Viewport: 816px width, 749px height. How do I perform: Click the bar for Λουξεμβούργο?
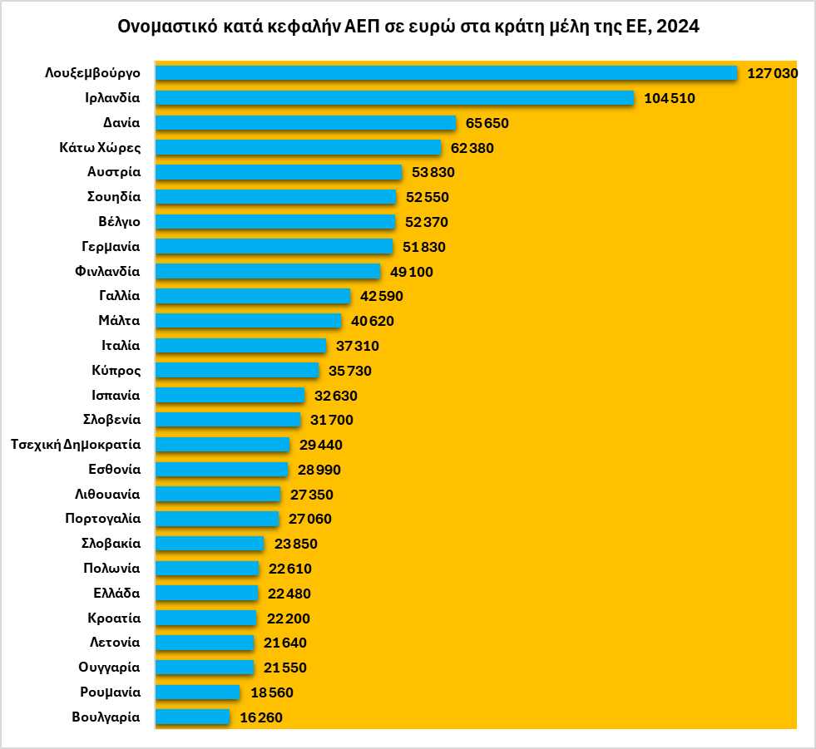pyautogui.click(x=446, y=73)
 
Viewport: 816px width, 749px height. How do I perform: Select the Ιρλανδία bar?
pyautogui.click(x=395, y=98)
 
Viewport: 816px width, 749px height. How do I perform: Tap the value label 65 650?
pyautogui.click(x=487, y=123)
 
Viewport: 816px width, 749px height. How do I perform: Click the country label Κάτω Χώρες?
pyautogui.click(x=100, y=148)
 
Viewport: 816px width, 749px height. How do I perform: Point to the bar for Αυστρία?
pyautogui.click(x=279, y=172)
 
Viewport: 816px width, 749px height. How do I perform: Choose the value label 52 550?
pyautogui.click(x=427, y=197)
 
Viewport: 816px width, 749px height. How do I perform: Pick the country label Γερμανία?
pyautogui.click(x=111, y=247)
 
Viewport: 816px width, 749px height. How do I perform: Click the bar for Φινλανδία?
pyautogui.click(x=268, y=272)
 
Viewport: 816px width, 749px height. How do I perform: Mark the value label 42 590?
pyautogui.click(x=382, y=296)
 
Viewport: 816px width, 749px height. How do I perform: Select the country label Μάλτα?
pyautogui.click(x=119, y=321)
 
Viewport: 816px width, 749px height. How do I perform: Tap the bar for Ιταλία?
pyautogui.click(x=241, y=346)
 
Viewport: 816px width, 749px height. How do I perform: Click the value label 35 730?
pyautogui.click(x=350, y=371)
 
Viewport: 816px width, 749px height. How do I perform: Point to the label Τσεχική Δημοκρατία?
pyautogui.click(x=76, y=445)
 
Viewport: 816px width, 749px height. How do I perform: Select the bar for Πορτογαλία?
pyautogui.click(x=217, y=519)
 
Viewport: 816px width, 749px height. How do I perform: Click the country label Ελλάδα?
pyautogui.click(x=116, y=594)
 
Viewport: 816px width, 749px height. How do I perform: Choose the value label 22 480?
pyautogui.click(x=289, y=594)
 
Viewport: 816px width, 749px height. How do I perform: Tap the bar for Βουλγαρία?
pyautogui.click(x=192, y=717)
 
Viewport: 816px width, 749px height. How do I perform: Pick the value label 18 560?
pyautogui.click(x=271, y=692)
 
